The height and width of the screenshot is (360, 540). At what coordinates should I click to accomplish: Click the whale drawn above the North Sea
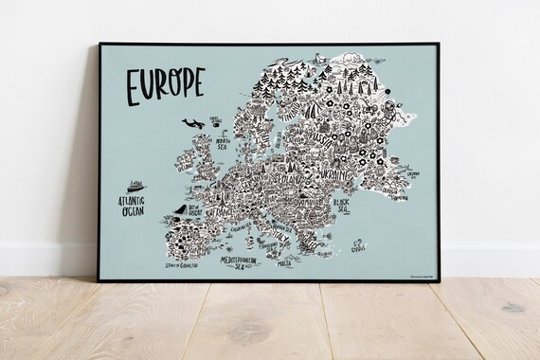(191, 123)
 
